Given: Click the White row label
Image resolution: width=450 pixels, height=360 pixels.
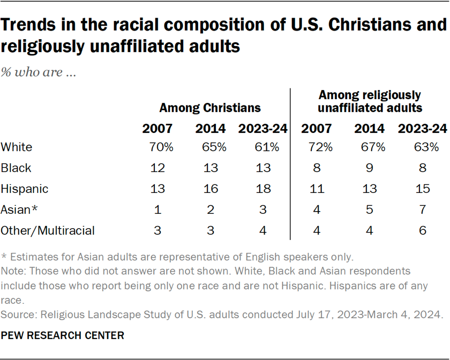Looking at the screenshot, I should coord(17,147).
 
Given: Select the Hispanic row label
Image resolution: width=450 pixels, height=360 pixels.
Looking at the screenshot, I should coord(25,189).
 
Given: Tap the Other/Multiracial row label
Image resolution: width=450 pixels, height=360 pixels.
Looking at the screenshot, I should coord(48,231).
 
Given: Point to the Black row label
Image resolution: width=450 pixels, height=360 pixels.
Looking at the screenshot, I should coord(16,168).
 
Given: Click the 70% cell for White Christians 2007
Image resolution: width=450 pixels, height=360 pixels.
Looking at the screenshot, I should coord(157,147).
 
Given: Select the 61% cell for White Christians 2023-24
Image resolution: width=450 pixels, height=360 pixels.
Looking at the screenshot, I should coord(263,147).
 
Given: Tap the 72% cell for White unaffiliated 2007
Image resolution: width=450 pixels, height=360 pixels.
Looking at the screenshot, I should coord(317,147).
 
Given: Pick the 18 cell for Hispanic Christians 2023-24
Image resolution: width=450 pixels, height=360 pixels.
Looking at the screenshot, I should coord(263,189).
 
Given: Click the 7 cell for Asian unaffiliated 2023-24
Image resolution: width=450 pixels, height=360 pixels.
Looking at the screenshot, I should coord(423,210).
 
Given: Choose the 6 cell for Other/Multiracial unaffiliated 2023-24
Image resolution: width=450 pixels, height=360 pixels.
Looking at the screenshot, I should coord(423,231).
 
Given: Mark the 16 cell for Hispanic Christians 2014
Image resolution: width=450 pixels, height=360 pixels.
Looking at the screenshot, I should coord(211,189).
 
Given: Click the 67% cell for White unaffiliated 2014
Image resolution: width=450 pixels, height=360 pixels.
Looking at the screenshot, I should coord(369,147).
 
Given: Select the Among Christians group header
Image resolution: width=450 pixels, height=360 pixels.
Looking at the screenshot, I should coord(210,108).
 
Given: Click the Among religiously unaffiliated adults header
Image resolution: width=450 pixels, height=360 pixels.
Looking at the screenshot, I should coord(370,101).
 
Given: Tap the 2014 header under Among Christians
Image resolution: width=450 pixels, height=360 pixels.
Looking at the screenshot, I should coord(211,129).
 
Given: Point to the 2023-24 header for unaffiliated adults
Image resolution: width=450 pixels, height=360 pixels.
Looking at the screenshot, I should coord(423,129).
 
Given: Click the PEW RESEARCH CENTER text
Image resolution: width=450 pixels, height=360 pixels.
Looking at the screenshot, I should coord(63,336).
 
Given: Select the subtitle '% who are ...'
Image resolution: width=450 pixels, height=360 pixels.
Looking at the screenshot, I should coord(38,73).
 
